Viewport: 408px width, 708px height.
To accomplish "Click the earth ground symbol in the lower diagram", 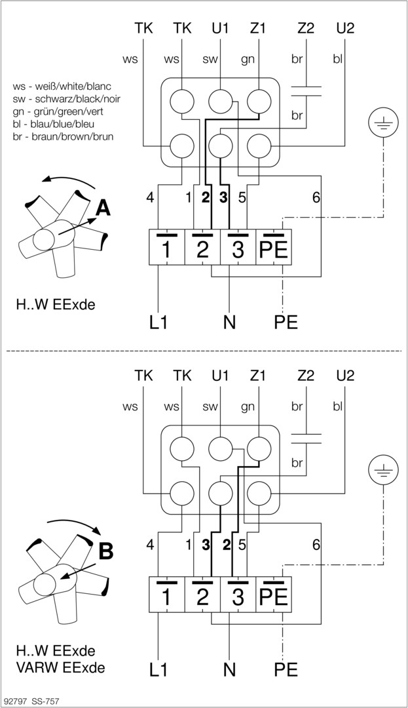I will [380, 469].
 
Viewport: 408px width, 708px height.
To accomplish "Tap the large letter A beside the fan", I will [102, 208].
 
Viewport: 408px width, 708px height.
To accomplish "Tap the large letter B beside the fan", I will [105, 551].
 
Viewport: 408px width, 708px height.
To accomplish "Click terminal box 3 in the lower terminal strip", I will [238, 595].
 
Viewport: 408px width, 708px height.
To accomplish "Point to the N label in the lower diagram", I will [229, 669].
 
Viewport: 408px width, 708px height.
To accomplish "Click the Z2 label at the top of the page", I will [305, 28].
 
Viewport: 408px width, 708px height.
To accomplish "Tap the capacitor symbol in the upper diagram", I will [305, 90].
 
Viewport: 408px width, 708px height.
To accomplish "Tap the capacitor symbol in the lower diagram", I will [305, 438].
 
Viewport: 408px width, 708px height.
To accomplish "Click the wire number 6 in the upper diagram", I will [316, 197].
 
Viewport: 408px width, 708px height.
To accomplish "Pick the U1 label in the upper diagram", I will [220, 28].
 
